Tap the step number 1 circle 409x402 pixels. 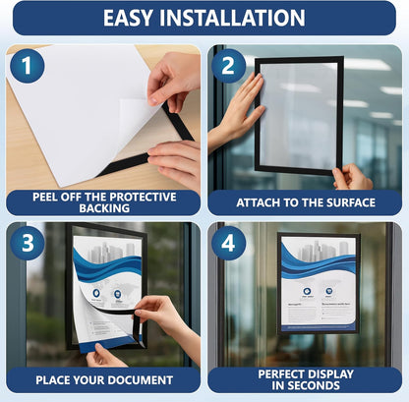tap(27, 66)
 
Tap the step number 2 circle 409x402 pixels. tap(229, 66)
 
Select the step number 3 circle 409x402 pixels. tap(27, 243)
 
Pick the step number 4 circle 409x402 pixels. tap(229, 243)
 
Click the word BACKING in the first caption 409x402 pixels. tap(102, 208)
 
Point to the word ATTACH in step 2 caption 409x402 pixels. tap(259, 202)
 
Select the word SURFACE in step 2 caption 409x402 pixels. tap(346, 202)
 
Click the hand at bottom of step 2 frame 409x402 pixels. tap(352, 178)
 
